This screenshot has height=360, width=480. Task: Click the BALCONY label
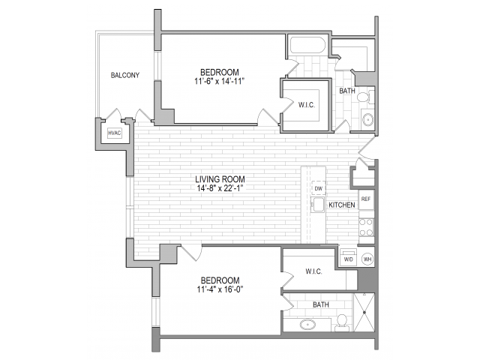click(125, 75)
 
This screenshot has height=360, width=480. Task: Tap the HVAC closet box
click(114, 133)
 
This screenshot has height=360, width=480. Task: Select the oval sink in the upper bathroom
click(367, 119)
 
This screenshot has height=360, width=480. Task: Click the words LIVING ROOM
click(220, 179)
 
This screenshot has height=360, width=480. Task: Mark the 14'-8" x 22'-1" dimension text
click(220, 189)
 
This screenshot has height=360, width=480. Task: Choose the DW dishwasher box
click(319, 188)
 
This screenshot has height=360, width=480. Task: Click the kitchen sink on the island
click(319, 205)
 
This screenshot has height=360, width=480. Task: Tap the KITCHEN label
click(342, 205)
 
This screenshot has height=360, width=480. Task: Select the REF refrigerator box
click(365, 199)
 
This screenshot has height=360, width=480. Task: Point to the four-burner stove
click(366, 226)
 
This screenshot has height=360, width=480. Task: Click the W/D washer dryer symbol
click(348, 259)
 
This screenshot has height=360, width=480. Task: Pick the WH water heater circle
click(367, 259)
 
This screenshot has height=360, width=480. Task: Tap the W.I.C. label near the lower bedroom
click(313, 271)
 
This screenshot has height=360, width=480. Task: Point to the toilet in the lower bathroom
click(342, 321)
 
